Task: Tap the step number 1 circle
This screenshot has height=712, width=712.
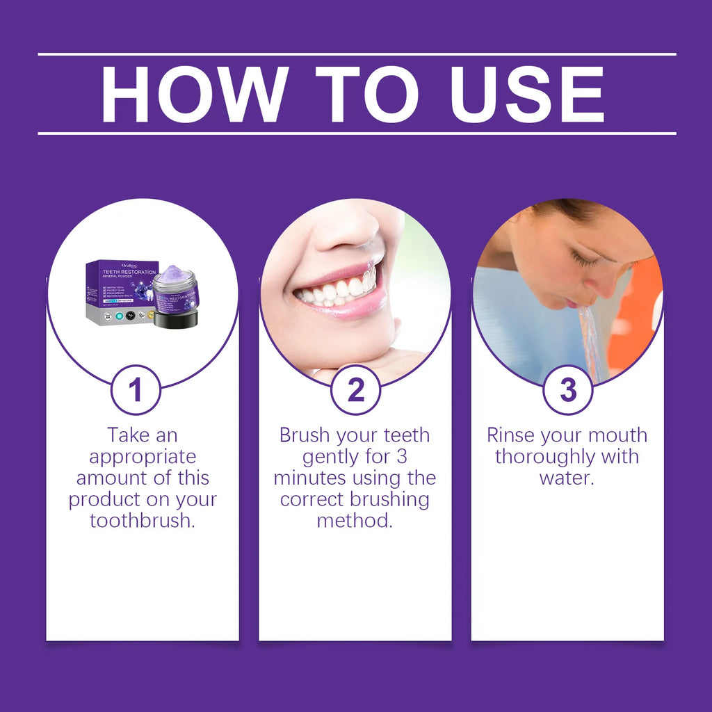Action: click(136, 390)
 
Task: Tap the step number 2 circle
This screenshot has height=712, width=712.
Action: click(355, 390)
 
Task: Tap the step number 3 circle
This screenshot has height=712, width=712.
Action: click(568, 390)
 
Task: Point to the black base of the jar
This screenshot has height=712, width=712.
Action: click(176, 319)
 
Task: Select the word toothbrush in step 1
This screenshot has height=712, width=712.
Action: click(143, 521)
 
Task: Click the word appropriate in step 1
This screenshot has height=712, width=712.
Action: click(143, 457)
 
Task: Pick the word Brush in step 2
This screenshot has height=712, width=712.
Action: click(305, 435)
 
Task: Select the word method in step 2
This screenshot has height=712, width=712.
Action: click(355, 521)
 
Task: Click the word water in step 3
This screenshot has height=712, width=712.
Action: click(566, 478)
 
